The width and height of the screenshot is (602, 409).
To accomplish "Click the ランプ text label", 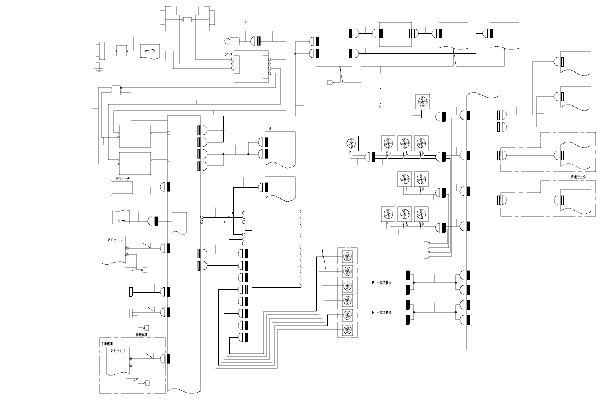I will coord(228,55).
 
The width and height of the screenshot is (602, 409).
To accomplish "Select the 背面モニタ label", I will coord(578,177).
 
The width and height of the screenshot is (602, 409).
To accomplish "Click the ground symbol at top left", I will coord(99,69).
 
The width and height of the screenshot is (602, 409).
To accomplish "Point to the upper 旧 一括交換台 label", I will coord(381,282).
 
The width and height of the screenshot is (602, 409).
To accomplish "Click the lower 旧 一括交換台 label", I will coord(381,313).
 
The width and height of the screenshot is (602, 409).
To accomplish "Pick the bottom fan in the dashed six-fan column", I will coord(347,330).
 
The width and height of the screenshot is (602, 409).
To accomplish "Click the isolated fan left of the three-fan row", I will coord(352,143).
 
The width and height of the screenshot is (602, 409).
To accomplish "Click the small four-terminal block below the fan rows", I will coord(426,250).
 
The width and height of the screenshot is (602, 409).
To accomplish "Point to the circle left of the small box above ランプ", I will coord(227,41).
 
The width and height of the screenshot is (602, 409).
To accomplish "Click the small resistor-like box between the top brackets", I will coord(187,20).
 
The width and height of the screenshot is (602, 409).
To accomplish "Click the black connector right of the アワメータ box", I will coord(169,187).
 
